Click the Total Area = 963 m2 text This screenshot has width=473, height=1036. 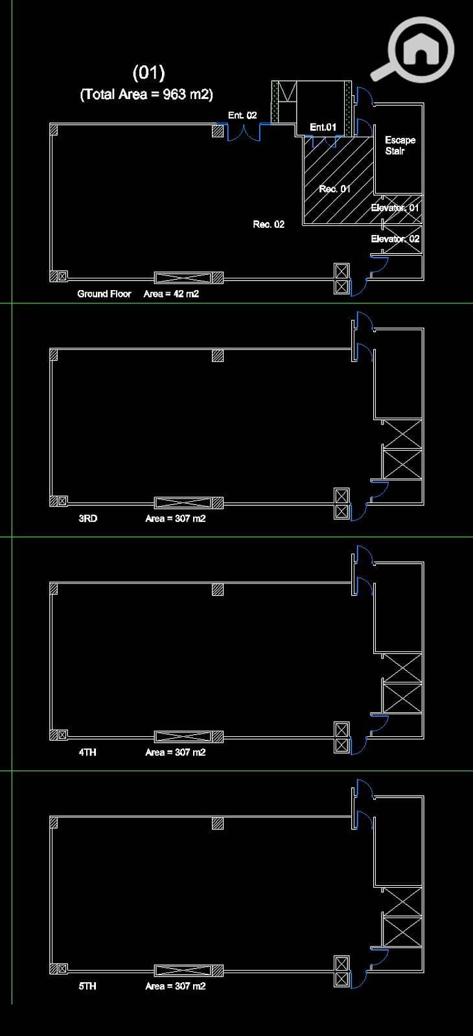pyautogui.click(x=146, y=95)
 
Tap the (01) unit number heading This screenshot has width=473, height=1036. pyautogui.click(x=148, y=73)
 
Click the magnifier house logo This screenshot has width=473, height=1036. pyautogui.click(x=413, y=50)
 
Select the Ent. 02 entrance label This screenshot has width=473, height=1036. pyautogui.click(x=242, y=115)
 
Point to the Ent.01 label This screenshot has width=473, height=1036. pyautogui.click(x=323, y=127)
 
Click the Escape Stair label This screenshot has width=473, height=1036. pyautogui.click(x=400, y=145)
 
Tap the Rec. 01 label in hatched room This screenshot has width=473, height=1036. pyautogui.click(x=334, y=188)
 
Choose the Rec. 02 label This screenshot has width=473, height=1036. pyautogui.click(x=268, y=224)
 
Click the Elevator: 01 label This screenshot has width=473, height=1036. pyautogui.click(x=395, y=208)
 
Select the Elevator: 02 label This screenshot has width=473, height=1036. pyautogui.click(x=395, y=239)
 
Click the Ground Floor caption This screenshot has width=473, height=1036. pyautogui.click(x=104, y=294)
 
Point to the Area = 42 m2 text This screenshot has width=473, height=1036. pyautogui.click(x=171, y=294)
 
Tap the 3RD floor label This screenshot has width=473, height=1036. pyautogui.click(x=88, y=519)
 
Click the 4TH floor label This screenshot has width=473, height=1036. pyautogui.click(x=87, y=752)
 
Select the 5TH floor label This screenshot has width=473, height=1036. pyautogui.click(x=87, y=985)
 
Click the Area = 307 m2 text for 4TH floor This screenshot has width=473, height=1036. pyautogui.click(x=176, y=752)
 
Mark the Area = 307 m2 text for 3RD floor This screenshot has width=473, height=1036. pyautogui.click(x=176, y=519)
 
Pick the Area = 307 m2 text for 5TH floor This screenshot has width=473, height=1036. pyautogui.click(x=176, y=985)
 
